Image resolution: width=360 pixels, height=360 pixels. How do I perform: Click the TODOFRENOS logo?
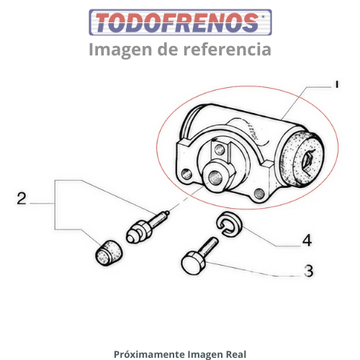[x=180, y=22]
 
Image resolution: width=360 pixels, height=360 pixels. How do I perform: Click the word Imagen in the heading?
[x=120, y=50]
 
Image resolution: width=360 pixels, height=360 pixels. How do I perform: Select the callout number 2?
[x=22, y=199]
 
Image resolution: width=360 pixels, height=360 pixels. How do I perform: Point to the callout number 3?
[x=308, y=271]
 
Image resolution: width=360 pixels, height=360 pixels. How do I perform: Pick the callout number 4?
[x=307, y=240]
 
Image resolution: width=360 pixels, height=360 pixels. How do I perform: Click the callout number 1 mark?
[x=337, y=84]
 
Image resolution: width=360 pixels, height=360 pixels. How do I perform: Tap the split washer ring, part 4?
[x=229, y=224]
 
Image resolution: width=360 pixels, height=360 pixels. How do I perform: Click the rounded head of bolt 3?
[x=194, y=263]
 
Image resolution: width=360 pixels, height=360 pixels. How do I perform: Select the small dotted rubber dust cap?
[x=109, y=253]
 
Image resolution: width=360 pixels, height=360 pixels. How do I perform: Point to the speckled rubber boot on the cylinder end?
[x=302, y=158]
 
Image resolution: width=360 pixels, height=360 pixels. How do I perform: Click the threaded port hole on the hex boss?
[x=215, y=178]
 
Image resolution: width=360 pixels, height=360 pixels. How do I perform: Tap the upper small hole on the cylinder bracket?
[x=220, y=150]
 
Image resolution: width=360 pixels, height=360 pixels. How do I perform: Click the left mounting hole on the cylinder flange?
[x=186, y=174]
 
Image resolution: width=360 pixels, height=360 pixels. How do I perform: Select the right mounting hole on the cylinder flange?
[x=259, y=193]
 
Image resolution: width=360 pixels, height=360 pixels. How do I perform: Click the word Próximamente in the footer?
[x=149, y=354]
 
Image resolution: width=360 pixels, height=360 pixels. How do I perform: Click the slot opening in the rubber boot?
[x=309, y=160]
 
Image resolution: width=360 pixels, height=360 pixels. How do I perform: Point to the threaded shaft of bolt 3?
[x=210, y=247]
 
